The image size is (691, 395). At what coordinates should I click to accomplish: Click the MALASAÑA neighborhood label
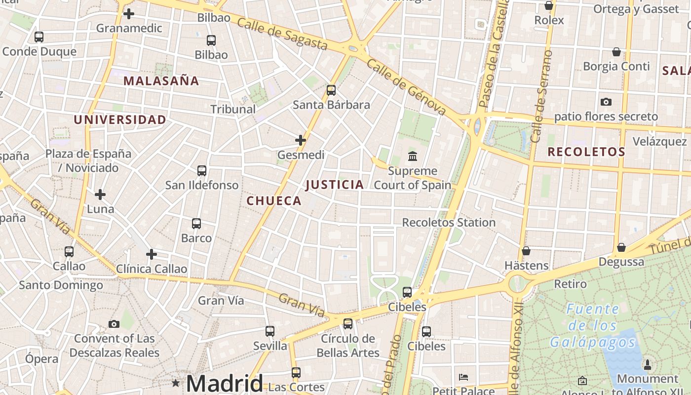161,81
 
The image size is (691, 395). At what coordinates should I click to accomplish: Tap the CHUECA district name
273,200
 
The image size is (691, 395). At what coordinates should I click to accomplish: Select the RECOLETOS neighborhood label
586,152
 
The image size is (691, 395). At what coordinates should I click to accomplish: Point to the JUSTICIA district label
335,185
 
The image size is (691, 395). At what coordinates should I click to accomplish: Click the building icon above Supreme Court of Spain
413,157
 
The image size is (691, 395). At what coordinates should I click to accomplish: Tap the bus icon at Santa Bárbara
331,90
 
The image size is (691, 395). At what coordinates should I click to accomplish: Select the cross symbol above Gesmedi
301,140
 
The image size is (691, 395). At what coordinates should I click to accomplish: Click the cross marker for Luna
100,195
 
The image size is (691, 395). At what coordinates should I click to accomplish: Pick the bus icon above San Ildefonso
202,171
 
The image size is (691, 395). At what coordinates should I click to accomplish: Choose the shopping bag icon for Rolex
548,6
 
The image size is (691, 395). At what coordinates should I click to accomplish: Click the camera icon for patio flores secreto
606,102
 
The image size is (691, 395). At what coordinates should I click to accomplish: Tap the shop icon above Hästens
526,251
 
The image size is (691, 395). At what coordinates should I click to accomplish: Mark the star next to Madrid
176,383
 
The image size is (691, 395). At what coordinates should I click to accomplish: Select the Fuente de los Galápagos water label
592,325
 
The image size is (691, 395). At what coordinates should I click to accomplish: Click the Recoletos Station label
449,223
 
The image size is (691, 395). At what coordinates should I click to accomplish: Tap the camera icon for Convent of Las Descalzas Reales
114,324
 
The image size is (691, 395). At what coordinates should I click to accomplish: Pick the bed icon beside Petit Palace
463,377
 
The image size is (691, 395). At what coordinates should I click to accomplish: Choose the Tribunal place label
233,109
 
